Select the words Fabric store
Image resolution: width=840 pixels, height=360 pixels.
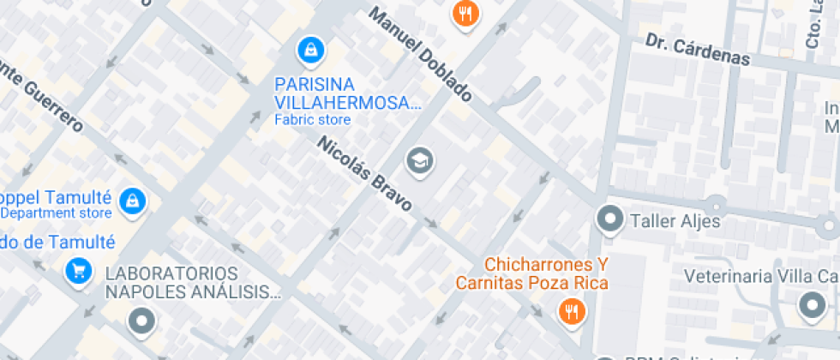312,120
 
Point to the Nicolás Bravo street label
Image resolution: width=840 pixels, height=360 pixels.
365,174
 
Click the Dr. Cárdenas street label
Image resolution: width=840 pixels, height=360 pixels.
698,51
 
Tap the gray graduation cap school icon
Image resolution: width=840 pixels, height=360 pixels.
419,160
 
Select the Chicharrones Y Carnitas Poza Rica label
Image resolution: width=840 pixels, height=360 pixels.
532,273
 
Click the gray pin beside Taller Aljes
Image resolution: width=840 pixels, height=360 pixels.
610,220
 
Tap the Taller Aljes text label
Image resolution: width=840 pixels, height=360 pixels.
675,221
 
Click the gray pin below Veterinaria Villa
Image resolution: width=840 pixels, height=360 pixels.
810,304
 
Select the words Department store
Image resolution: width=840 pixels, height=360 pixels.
56,213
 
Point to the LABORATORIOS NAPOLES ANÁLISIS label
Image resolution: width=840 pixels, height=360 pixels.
193,283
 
